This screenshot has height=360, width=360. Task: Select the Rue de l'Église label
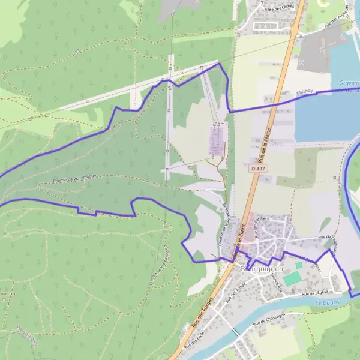[x=316, y=293]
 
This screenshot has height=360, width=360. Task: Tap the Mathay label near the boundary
[x=305, y=93]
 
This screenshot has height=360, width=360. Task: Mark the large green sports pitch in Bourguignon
[x=292, y=279]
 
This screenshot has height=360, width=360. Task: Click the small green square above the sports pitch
[x=299, y=265]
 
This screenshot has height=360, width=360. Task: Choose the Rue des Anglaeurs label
[x=337, y=25]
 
